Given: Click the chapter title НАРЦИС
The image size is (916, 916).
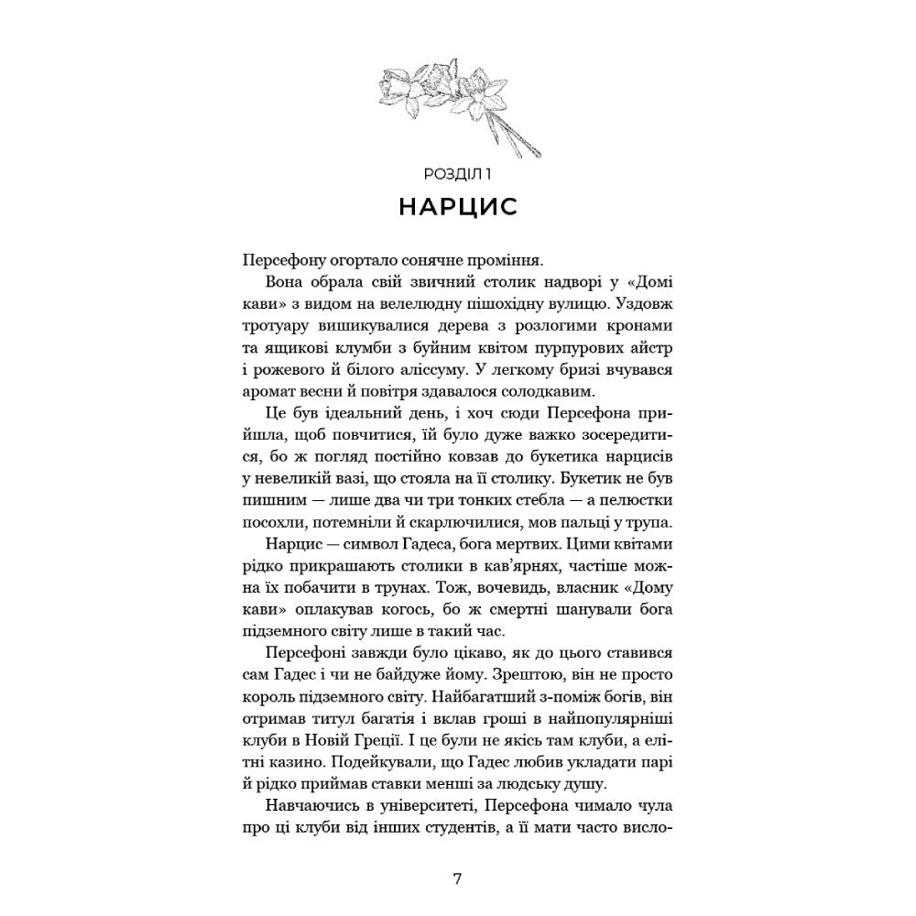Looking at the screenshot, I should (458, 206).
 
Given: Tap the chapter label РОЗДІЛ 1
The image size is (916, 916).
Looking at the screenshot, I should (458, 172).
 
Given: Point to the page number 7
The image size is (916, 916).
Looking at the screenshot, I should (458, 878).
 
